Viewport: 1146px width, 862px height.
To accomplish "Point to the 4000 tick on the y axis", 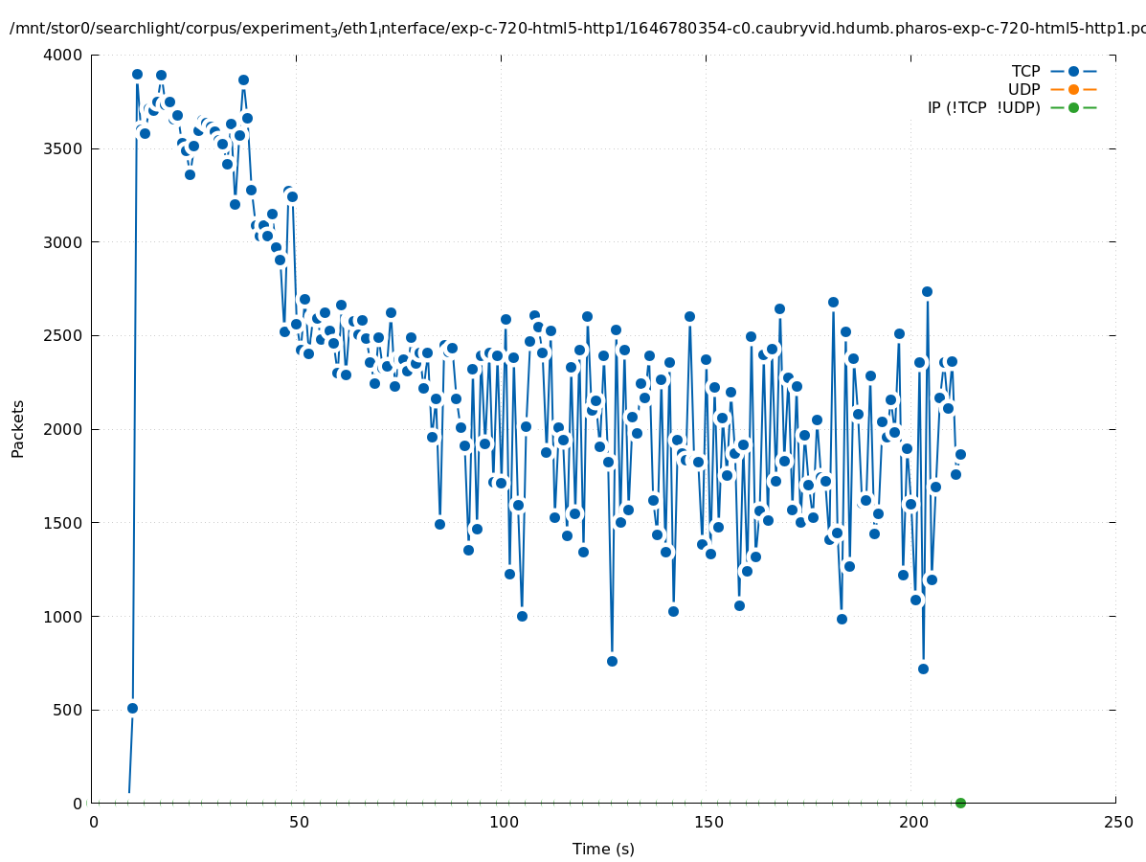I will tap(66, 56).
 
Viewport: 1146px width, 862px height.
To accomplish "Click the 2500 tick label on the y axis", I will tap(66, 336).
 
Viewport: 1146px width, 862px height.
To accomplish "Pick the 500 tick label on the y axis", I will tap(70, 711).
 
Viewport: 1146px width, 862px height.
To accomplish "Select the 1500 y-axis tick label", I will tap(66, 523).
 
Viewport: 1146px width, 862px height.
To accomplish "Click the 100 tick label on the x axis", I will tap(504, 822).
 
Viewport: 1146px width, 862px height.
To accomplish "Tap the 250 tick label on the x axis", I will tap(1117, 822).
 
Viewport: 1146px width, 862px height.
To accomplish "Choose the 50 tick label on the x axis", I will tap(299, 822).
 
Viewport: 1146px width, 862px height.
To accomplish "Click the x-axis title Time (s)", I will tap(603, 849).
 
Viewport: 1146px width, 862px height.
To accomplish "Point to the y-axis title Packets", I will tap(18, 428).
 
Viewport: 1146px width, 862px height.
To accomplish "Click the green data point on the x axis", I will tap(960, 803).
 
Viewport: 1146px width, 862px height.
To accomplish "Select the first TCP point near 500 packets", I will tap(132, 708).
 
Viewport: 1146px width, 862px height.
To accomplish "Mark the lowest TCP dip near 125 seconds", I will tap(612, 661).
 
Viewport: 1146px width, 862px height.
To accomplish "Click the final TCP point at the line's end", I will tap(960, 454).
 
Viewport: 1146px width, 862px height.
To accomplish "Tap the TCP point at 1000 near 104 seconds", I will tap(522, 616).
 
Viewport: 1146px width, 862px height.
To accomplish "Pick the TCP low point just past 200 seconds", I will tap(923, 669).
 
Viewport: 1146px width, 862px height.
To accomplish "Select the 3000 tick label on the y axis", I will tap(66, 242).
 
